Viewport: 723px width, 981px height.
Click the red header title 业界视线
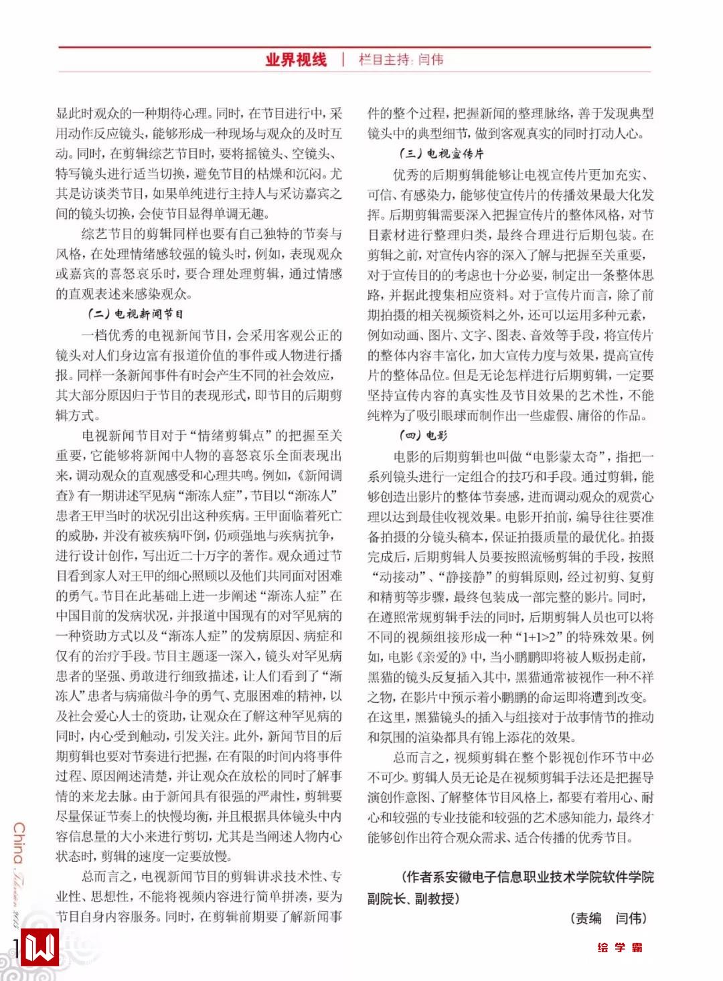point(296,60)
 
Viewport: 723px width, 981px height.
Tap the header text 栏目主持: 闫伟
point(401,60)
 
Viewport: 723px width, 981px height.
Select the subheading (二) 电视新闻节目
point(136,313)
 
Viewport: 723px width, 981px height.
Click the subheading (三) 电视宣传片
point(442,154)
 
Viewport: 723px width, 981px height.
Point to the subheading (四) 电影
point(424,436)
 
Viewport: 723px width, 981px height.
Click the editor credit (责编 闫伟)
point(609,918)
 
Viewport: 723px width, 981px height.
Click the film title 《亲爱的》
point(448,657)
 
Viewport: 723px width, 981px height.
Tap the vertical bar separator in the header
point(343,60)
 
